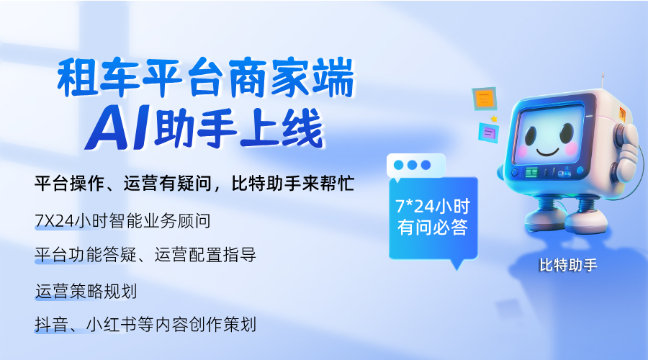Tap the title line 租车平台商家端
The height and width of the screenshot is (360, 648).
[x=206, y=80]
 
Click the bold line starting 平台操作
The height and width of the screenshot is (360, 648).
[x=194, y=184]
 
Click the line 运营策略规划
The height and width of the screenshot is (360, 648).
[x=86, y=291]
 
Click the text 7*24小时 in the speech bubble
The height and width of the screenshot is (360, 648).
[x=433, y=205]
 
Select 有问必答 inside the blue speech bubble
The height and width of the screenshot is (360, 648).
[x=433, y=228]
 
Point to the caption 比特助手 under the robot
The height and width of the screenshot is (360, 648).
[x=568, y=265]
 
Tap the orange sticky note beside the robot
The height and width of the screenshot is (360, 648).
[x=484, y=98]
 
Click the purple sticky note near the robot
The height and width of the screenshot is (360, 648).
[x=489, y=132]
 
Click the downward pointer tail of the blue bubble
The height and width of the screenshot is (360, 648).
[x=455, y=264]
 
